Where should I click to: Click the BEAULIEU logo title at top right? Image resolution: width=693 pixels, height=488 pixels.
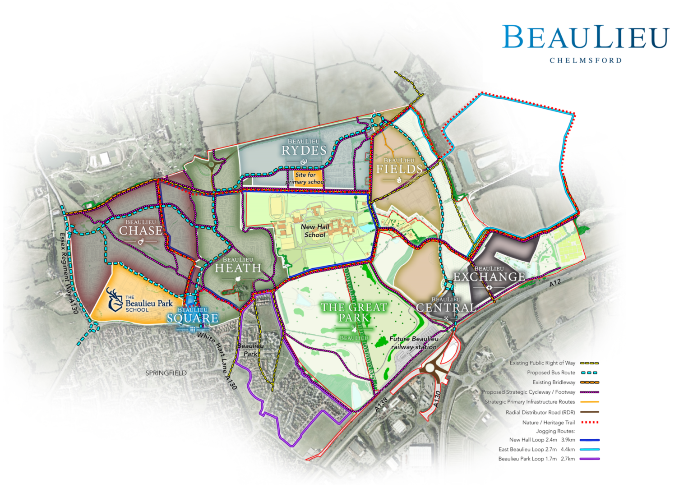tap(585, 37)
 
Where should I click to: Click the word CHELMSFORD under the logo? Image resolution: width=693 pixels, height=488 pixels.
tap(585, 60)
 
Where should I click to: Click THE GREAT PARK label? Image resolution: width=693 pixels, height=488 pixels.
tap(354, 313)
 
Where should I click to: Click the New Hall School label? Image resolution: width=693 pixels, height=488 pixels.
tap(315, 231)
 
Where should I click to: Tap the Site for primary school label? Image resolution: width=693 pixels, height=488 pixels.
tap(305, 178)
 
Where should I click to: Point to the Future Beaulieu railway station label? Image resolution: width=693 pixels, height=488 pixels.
tap(414, 343)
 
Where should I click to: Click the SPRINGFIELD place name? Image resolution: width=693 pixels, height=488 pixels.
tap(166, 373)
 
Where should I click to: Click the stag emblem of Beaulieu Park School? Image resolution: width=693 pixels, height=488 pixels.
tap(115, 300)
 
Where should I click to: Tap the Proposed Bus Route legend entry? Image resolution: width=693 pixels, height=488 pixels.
tap(551, 373)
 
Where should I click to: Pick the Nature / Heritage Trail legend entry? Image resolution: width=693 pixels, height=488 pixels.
tap(549, 423)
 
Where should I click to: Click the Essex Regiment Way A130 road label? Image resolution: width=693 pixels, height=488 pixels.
tap(69, 273)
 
